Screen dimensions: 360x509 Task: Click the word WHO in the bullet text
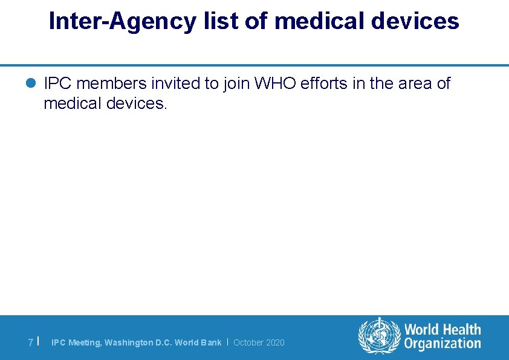click(275, 83)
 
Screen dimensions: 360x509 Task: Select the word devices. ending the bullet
click(136, 103)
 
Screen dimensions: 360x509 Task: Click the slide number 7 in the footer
click(31, 342)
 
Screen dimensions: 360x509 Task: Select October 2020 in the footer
click(259, 342)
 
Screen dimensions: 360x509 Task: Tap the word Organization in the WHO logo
click(443, 344)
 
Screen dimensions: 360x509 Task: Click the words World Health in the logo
click(443, 330)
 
